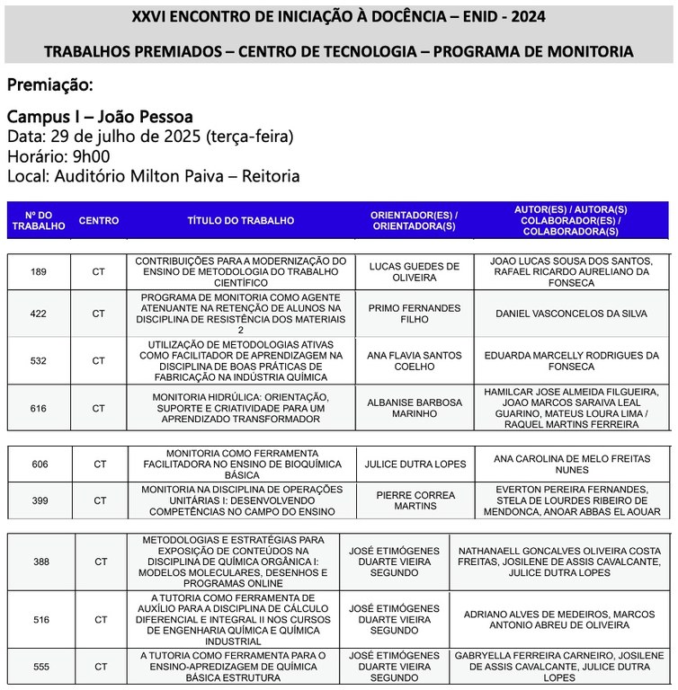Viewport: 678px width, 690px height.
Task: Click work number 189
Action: (38, 271)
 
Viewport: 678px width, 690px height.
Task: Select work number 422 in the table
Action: (38, 314)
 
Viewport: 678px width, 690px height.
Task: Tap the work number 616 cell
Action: (38, 408)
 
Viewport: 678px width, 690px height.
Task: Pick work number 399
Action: (40, 500)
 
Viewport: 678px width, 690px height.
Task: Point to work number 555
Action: (40, 667)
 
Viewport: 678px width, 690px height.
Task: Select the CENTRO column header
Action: (98, 220)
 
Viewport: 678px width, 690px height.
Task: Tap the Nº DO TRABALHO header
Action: (39, 220)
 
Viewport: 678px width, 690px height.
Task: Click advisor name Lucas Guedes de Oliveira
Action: (414, 271)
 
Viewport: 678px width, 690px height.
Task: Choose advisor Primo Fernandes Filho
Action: (414, 314)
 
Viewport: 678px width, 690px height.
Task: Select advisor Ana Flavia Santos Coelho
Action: (414, 360)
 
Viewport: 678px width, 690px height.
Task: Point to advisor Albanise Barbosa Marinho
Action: (414, 408)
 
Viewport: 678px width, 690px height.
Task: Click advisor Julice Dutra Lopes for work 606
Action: (415, 464)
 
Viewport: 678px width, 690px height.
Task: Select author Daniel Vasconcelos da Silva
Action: (572, 314)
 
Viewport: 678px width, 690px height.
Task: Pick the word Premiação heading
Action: (49, 85)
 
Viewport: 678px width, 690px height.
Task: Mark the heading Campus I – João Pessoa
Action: (100, 117)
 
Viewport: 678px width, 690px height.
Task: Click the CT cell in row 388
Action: (100, 562)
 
